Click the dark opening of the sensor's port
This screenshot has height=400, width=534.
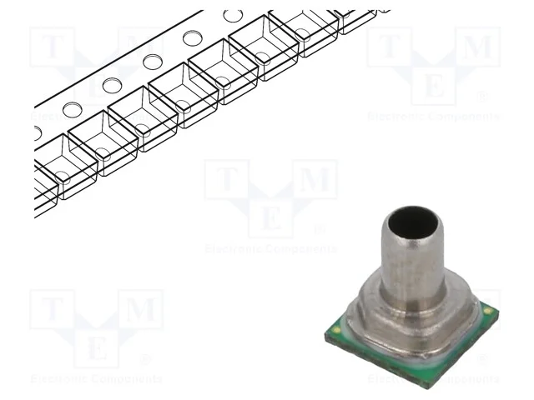click(411, 224)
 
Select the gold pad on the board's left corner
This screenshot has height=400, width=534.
click(336, 330)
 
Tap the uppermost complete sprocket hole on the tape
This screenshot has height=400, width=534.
click(233, 16)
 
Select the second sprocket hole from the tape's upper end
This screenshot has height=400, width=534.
click(193, 37)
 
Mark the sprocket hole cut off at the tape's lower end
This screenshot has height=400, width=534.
click(36, 132)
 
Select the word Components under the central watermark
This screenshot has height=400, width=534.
click(304, 248)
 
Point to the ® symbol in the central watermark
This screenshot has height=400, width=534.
click(318, 229)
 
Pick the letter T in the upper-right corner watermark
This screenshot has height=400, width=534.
click(389, 48)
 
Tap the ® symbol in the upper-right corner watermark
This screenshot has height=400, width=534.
click(481, 97)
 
